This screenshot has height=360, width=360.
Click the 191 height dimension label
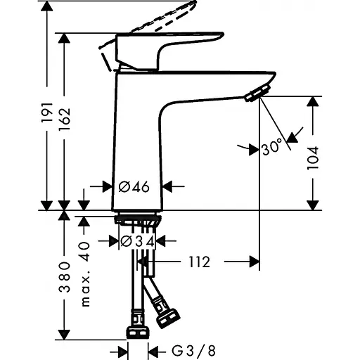click(x=47, y=112)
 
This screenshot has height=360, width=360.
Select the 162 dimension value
click(x=64, y=119)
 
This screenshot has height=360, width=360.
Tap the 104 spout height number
click(x=313, y=158)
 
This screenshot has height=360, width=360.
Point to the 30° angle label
click(x=272, y=147)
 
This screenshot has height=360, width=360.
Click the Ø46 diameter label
click(x=134, y=187)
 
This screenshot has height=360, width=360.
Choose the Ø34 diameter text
click(x=137, y=241)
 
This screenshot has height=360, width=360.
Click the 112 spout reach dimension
click(x=200, y=262)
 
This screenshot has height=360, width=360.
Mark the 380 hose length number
click(x=64, y=277)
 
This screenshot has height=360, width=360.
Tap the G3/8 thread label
click(x=193, y=351)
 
